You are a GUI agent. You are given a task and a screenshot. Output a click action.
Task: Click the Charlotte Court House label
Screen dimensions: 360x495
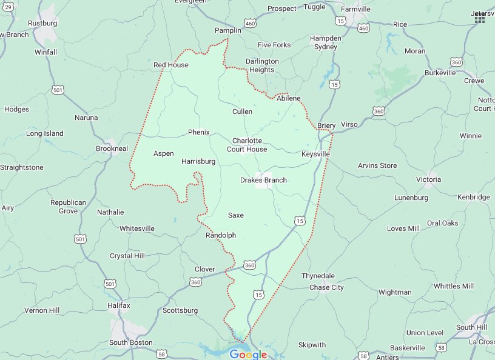pyautogui.click(x=247, y=145)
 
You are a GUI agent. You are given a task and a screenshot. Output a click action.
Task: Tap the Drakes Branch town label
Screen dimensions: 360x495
pyautogui.click(x=263, y=180)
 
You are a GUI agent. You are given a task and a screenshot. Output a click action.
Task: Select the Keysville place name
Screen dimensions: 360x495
pyautogui.click(x=315, y=154)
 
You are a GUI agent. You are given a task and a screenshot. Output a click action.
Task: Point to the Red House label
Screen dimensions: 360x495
pyautogui.click(x=170, y=65)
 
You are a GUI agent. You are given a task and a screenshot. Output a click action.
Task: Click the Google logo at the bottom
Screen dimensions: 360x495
pyautogui.click(x=248, y=355)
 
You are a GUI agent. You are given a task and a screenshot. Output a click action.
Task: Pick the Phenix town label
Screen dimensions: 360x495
pyautogui.click(x=198, y=132)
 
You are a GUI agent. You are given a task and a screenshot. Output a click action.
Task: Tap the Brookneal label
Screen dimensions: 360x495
pyautogui.click(x=112, y=148)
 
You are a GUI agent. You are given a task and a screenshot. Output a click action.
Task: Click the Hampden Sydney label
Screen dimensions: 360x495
pyautogui.click(x=326, y=42)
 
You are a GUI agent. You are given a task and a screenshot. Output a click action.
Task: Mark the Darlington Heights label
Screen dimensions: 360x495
pyautogui.click(x=262, y=65)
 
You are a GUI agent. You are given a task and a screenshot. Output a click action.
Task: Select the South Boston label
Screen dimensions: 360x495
pyautogui.click(x=131, y=342)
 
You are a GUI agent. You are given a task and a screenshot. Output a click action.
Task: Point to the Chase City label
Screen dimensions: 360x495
pyautogui.click(x=326, y=287)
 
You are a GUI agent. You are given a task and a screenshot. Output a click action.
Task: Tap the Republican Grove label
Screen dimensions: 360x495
pyautogui.click(x=68, y=207)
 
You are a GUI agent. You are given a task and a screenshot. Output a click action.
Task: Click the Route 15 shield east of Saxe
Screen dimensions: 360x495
pyautogui.click(x=300, y=222)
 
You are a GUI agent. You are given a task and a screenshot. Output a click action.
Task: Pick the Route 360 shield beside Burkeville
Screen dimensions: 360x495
pyautogui.click(x=457, y=62)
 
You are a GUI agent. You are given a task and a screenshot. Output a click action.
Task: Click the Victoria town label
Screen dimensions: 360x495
pyautogui.click(x=428, y=179)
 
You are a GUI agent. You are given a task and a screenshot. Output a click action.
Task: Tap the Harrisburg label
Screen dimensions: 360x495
pyautogui.click(x=198, y=162)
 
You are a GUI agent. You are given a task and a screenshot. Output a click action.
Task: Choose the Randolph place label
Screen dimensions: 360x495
pyautogui.click(x=221, y=235)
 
